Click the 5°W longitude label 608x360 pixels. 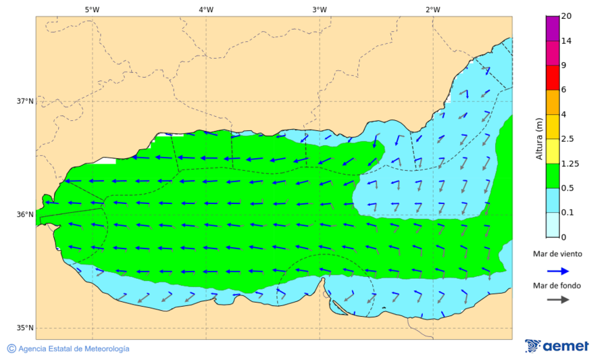click(x=92, y=9)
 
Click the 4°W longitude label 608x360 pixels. click(x=206, y=9)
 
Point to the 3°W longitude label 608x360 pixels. click(x=320, y=9)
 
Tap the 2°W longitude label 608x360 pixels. click(x=433, y=9)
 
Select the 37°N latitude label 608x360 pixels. click(x=25, y=101)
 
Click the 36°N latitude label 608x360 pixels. click(x=25, y=215)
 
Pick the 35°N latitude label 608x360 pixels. click(x=25, y=328)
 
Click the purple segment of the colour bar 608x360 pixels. click(x=553, y=28)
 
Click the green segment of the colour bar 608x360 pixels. click(x=553, y=176)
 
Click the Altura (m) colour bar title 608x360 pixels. click(x=539, y=138)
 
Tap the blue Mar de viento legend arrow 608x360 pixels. click(x=557, y=271)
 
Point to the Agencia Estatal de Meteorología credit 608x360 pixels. click(x=68, y=349)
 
